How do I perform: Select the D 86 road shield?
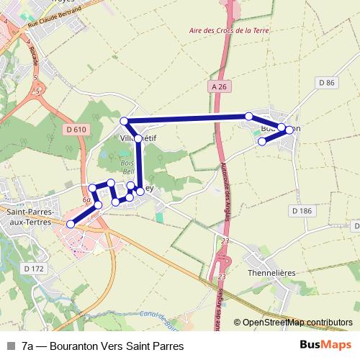point(326,84)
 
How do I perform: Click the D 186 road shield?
point(302,210)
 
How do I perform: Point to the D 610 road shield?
point(75,130)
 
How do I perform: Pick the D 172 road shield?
point(34,269)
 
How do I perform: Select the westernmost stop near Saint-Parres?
point(71,225)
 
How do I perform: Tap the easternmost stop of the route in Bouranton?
point(289,130)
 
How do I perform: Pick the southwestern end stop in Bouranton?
point(262,141)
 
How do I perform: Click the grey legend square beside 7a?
point(10,346)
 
